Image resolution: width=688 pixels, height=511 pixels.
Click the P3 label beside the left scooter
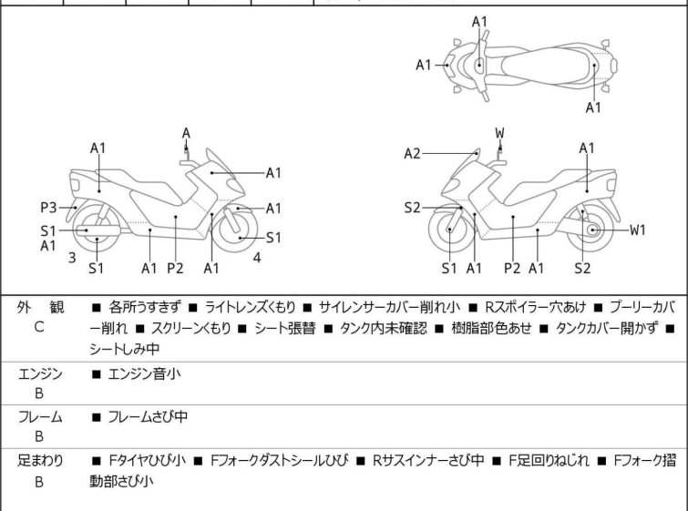48,206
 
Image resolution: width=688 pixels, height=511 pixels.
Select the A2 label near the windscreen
413,154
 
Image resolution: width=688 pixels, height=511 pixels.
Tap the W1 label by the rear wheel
638,230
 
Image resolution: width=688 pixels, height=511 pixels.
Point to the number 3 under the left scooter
72,257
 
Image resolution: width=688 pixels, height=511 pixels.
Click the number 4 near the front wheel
257,257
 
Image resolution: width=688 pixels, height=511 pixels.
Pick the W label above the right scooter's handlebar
500,133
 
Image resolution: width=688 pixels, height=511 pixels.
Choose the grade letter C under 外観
39,327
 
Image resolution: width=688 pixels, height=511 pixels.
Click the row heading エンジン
39,373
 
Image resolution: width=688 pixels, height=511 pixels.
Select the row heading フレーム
39,417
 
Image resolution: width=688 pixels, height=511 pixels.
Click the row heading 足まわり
39,461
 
